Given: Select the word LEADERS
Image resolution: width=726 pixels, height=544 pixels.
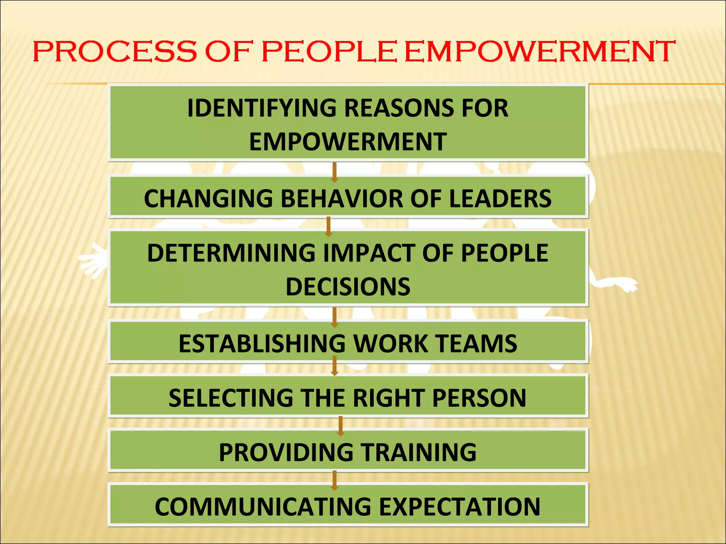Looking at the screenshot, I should pos(500,198).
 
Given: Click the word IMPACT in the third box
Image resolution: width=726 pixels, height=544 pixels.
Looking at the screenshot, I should pos(369,253).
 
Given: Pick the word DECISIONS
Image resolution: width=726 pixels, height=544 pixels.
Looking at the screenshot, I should pos(348,287).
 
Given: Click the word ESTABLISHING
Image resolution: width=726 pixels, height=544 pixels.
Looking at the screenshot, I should pos(262,343).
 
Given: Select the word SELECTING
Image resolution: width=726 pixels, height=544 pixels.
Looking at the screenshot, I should pos(231,398).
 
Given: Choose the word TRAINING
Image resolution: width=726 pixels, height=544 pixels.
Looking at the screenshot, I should pos(419,452).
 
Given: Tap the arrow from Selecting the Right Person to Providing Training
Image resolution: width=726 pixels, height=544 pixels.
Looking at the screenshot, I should pos(341,426).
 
